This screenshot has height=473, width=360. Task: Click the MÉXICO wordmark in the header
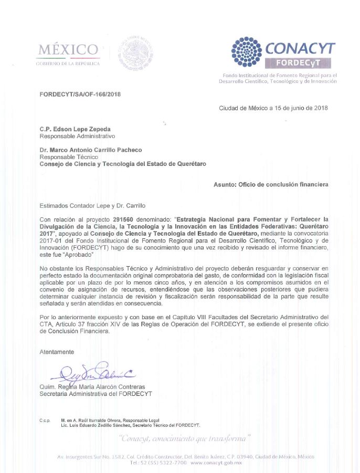(x=68, y=50)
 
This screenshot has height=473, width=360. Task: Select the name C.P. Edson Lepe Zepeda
(x=75, y=129)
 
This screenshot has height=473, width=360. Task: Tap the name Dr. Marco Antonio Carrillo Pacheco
(x=91, y=150)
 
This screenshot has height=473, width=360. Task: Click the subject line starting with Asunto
(x=271, y=185)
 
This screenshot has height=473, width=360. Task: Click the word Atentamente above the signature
(x=57, y=352)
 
